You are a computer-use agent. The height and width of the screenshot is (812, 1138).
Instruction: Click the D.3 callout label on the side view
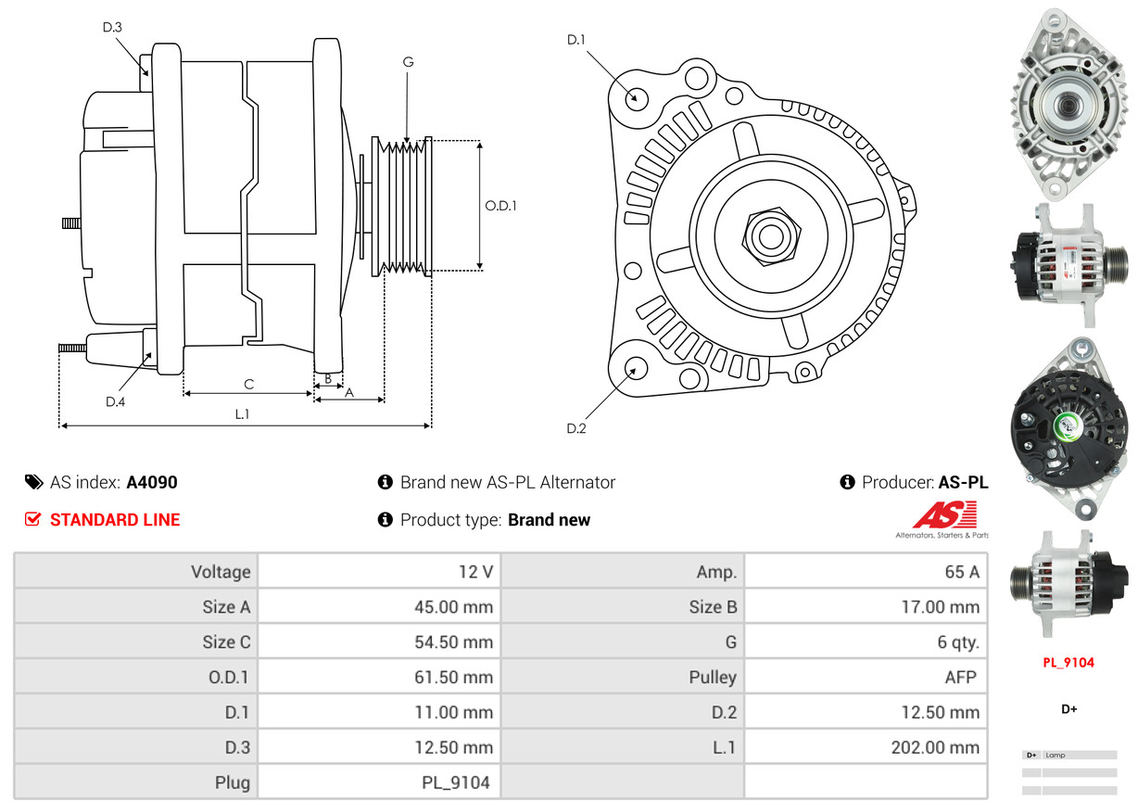click(x=112, y=27)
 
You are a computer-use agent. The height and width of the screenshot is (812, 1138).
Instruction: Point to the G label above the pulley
click(x=408, y=62)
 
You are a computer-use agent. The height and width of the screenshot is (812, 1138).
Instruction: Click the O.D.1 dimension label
click(x=500, y=206)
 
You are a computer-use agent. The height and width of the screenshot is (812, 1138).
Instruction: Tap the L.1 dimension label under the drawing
click(x=242, y=414)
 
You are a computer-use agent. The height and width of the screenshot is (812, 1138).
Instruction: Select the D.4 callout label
click(x=115, y=401)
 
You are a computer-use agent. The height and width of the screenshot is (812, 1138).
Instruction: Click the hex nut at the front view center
click(x=768, y=235)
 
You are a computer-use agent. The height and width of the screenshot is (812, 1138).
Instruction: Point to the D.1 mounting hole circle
click(x=636, y=97)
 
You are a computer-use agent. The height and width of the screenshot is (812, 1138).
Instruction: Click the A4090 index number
click(x=152, y=482)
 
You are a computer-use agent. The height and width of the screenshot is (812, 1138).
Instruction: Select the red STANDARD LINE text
click(x=115, y=520)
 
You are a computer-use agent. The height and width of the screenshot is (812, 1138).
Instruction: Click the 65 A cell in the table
click(x=866, y=571)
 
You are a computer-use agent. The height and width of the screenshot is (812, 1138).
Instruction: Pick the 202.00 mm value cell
click(x=866, y=747)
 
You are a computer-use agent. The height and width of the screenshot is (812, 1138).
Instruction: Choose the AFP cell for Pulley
click(x=866, y=677)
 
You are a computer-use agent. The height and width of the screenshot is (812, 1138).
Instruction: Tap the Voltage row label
click(x=136, y=571)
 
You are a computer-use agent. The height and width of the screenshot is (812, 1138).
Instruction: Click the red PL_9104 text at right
click(x=1068, y=662)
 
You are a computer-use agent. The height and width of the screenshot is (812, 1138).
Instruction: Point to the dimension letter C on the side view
click(x=248, y=384)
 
